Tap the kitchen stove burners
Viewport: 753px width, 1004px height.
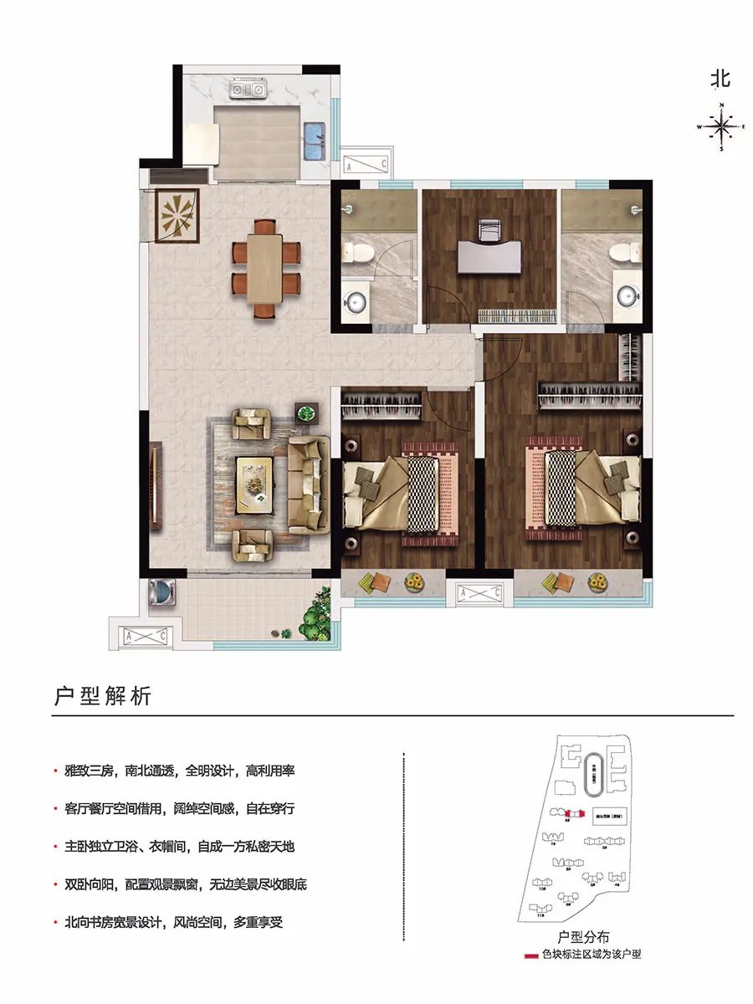click(249, 87)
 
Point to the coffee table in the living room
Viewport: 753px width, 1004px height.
click(255, 484)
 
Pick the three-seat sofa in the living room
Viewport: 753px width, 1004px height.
click(307, 484)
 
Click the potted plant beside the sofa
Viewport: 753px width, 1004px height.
click(307, 412)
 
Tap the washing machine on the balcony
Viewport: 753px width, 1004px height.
click(161, 592)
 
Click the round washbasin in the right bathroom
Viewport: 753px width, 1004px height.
click(628, 293)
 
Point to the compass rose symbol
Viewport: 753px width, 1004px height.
click(720, 128)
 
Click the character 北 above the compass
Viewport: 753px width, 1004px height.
click(720, 79)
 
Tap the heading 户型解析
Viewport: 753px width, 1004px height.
click(103, 696)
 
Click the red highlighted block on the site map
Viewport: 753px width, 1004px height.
click(574, 813)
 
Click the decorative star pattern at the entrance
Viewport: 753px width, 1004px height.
click(177, 215)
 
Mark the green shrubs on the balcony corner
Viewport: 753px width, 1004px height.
click(316, 615)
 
